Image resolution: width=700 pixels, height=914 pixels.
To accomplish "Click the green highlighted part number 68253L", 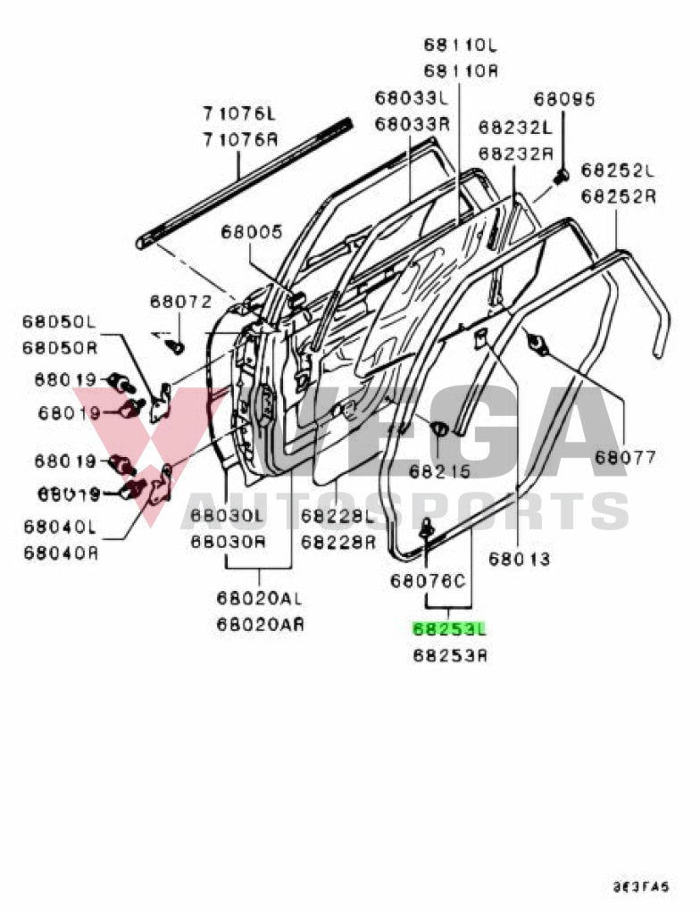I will point(449,629).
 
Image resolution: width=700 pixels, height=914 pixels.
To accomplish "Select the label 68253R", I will point(449,656).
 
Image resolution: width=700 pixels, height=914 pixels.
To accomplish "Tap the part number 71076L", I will point(239,114).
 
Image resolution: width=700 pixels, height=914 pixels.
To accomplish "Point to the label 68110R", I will point(461,71).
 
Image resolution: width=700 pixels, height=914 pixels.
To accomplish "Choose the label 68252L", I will point(618,170).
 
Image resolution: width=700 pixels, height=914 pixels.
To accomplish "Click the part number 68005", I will point(252,233).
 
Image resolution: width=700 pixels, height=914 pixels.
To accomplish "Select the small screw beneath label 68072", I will point(176,344).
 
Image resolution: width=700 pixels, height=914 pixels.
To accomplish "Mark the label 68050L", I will point(59,321).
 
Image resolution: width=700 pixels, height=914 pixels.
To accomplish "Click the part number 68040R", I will point(61,553).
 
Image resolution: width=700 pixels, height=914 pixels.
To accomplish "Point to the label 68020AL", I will point(260,597).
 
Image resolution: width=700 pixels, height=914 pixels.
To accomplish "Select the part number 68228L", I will point(337,515).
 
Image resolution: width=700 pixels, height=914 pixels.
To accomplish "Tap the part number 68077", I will point(625,458).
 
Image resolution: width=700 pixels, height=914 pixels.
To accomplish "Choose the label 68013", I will point(519,560).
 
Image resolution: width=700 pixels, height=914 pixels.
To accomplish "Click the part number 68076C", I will point(428,581).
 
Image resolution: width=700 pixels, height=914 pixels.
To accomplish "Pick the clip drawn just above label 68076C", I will point(428,529).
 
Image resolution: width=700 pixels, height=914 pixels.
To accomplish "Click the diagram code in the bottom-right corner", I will point(638,887).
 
